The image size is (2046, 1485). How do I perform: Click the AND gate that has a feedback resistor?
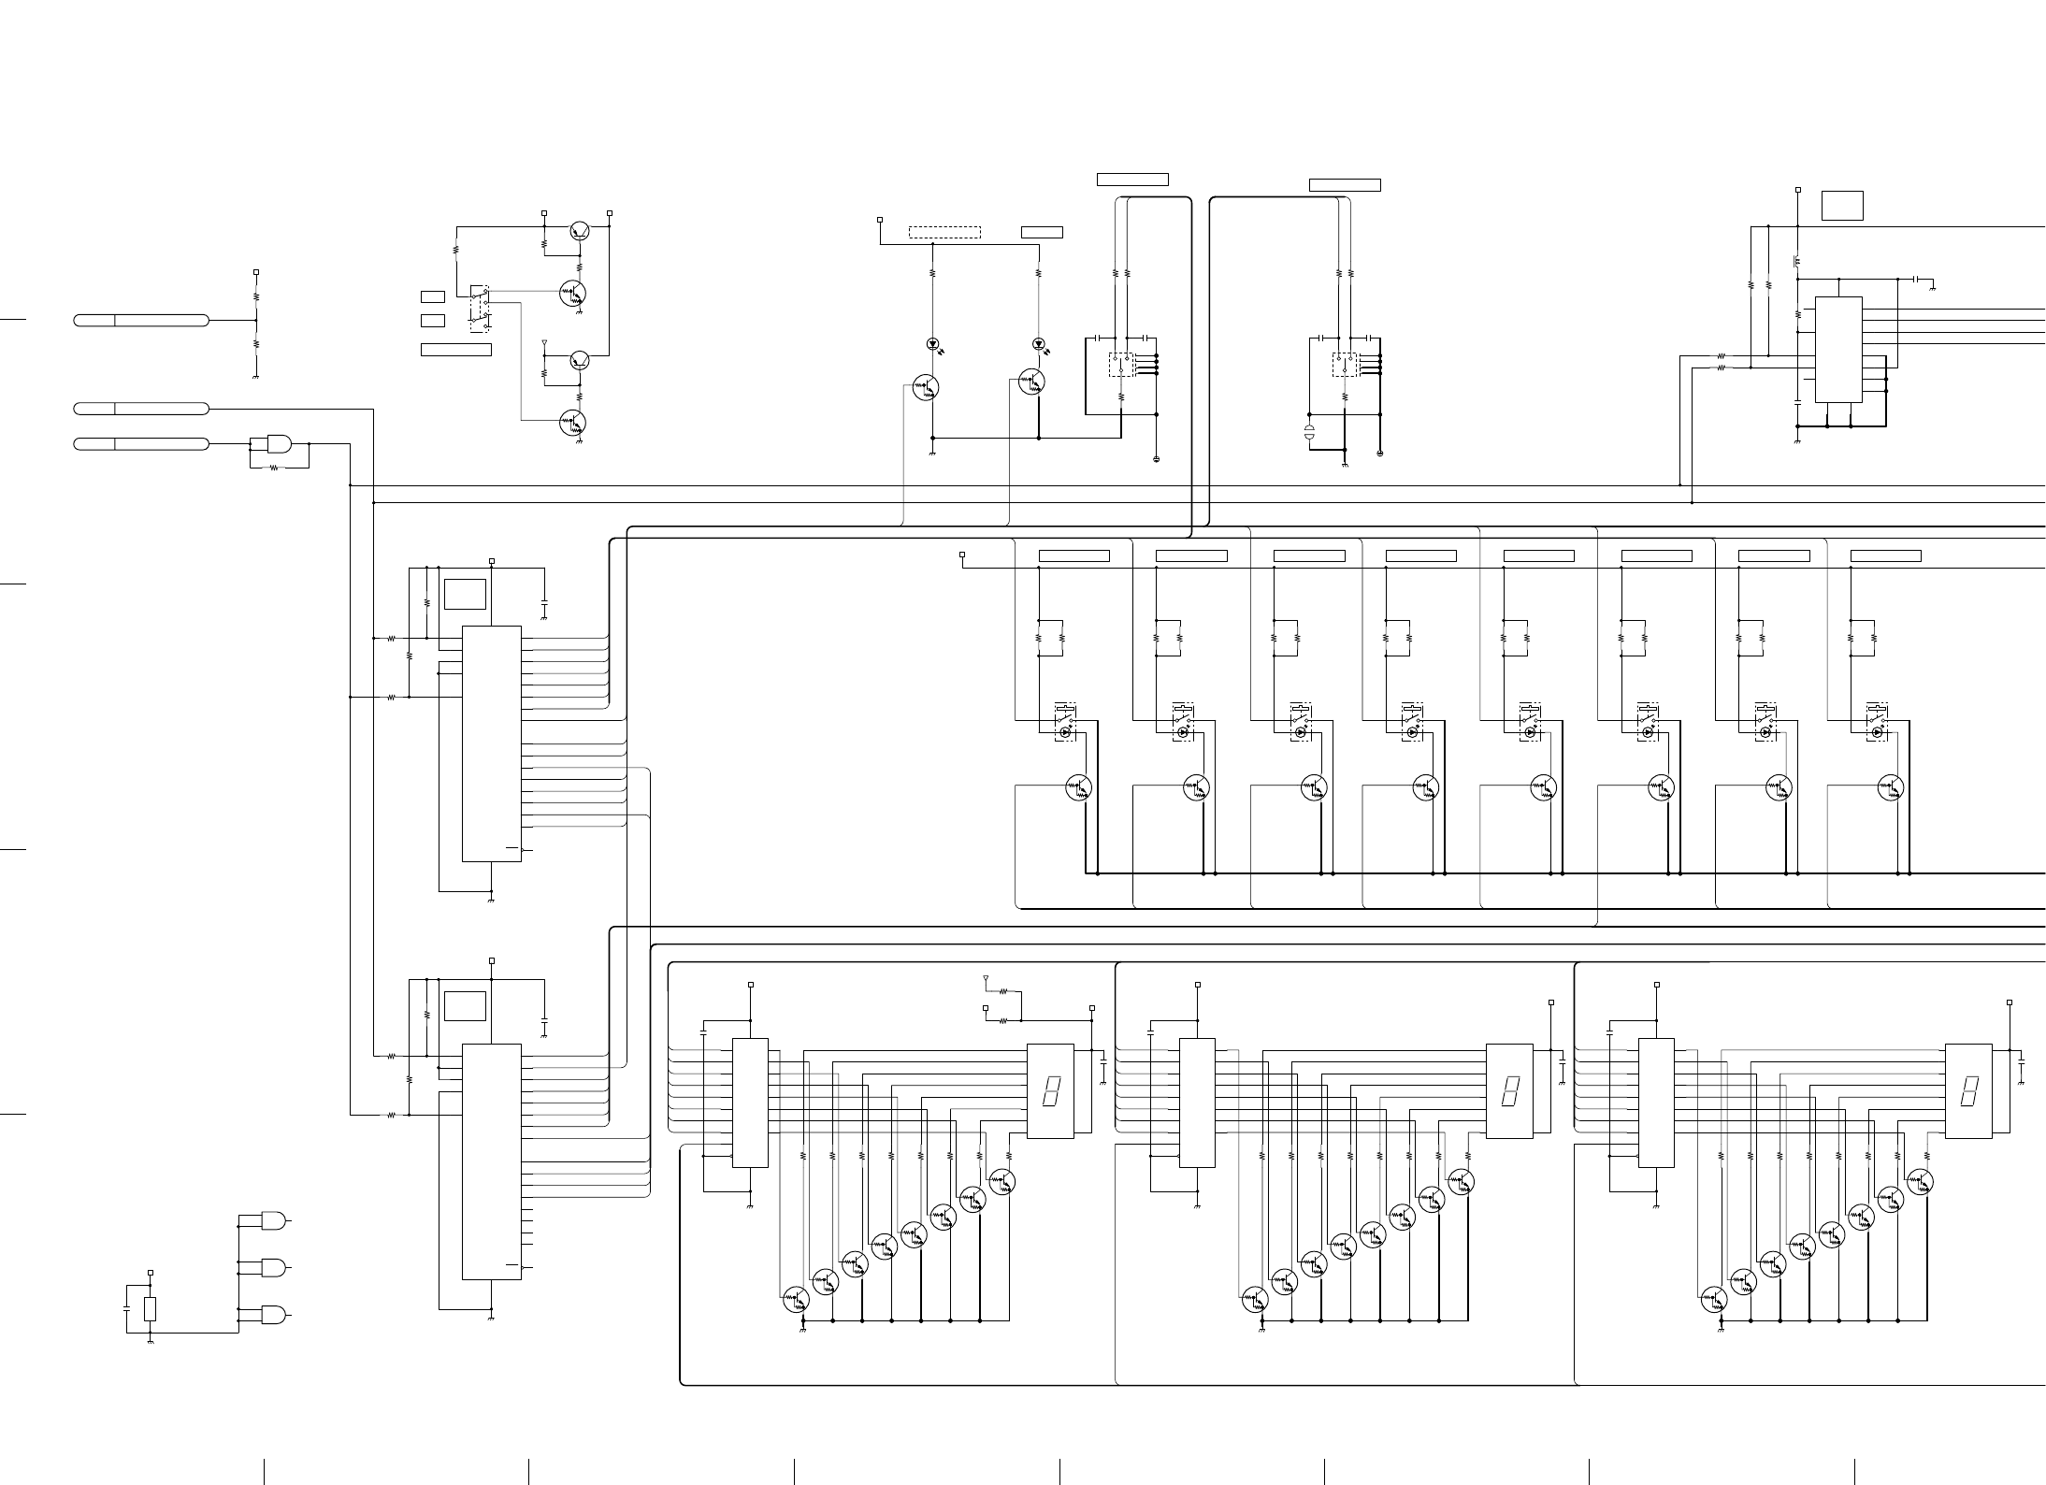279,443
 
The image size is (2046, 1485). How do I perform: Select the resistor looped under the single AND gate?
274,468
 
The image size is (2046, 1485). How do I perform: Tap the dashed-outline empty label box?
944,232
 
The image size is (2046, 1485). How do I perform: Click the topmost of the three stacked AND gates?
274,1221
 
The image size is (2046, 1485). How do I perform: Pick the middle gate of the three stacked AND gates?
274,1268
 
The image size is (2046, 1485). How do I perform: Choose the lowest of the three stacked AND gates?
274,1315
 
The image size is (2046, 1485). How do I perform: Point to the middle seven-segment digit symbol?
1509,1091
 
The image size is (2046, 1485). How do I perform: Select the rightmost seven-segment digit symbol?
1968,1091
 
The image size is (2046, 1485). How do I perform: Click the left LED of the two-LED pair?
932,344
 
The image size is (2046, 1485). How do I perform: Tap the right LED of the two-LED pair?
1038,344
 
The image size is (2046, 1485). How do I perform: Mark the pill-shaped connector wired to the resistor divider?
141,321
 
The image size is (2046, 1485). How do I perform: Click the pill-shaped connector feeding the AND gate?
141,443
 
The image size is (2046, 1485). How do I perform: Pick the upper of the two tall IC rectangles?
492,743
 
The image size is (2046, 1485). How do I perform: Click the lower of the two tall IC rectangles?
492,1161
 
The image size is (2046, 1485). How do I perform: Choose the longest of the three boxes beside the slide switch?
456,350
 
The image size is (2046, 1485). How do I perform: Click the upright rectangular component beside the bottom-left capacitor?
151,1309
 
